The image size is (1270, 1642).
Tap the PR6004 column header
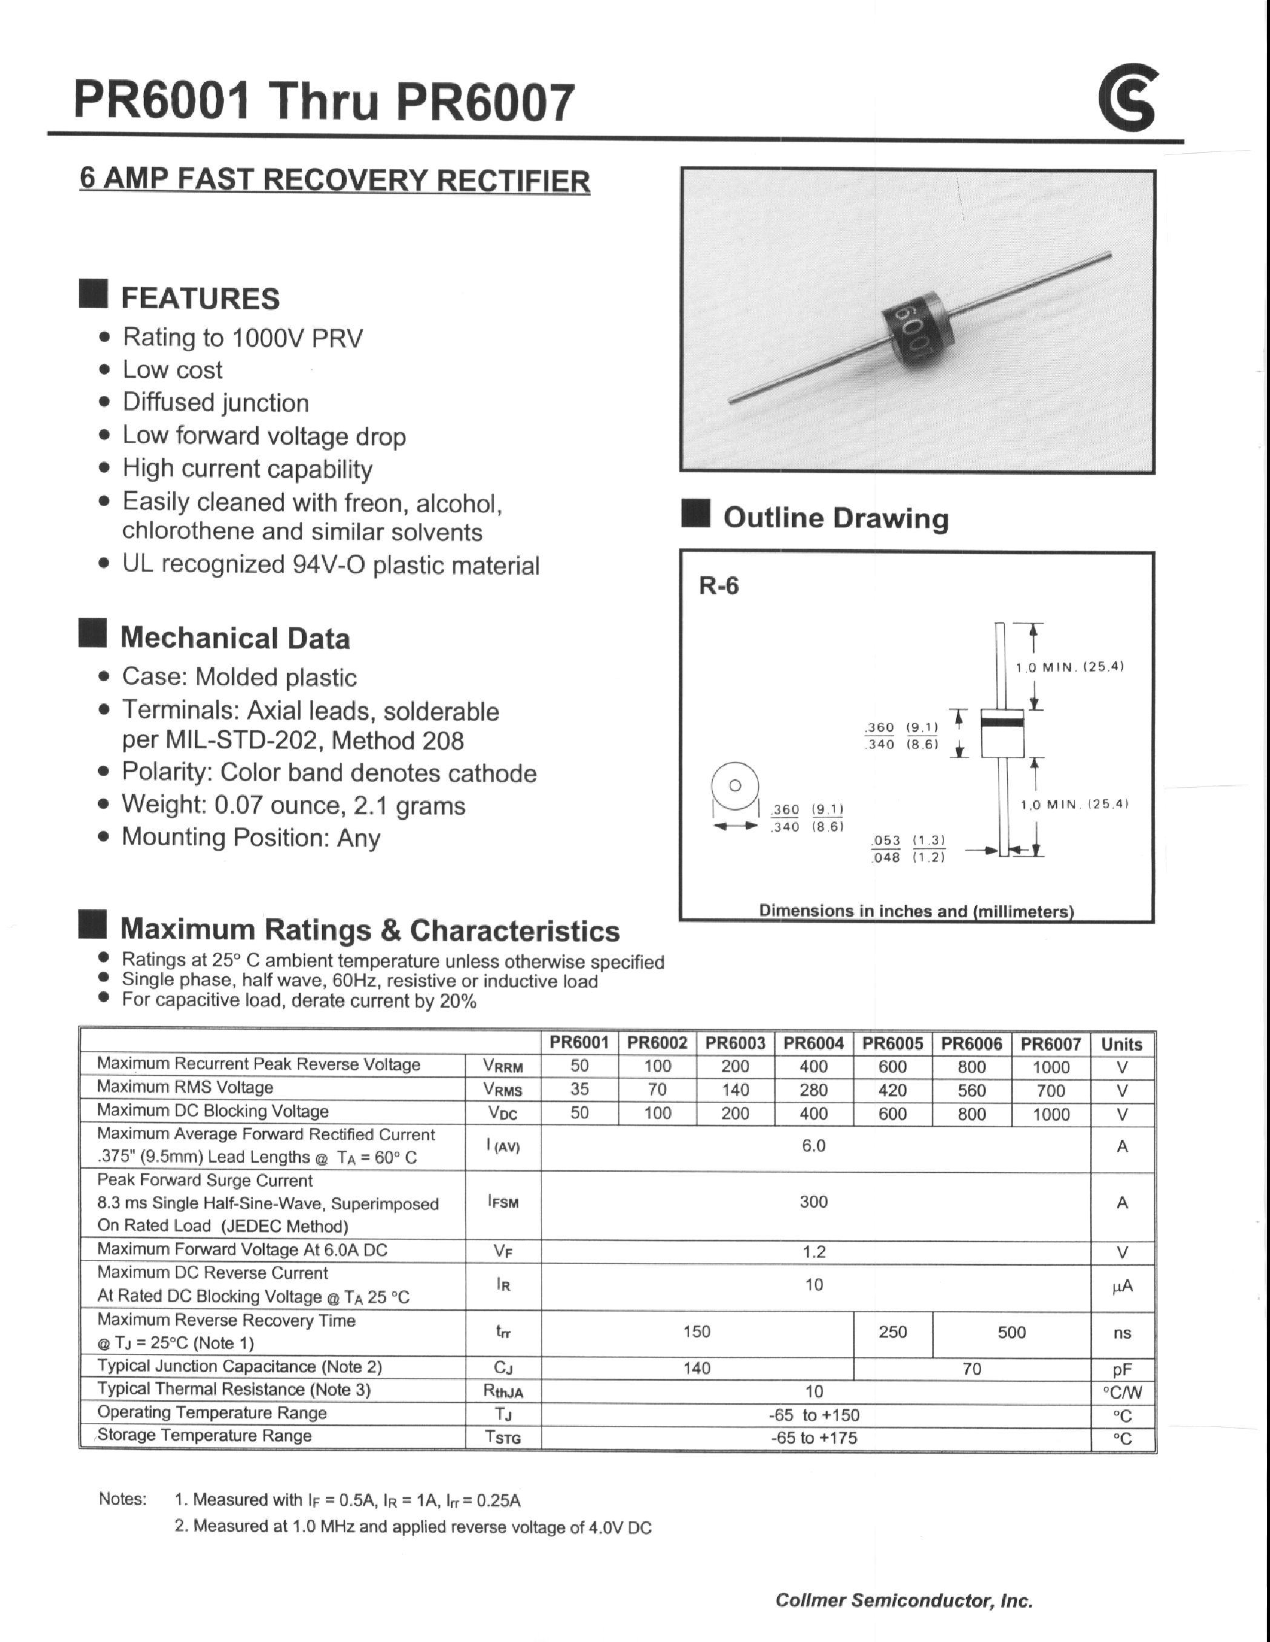coord(813,1043)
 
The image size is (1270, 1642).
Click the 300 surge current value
coord(813,1201)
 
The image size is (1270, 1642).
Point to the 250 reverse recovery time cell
coord(893,1331)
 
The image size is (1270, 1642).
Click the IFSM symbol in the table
coord(503,1202)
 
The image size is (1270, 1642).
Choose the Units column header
coord(1121,1044)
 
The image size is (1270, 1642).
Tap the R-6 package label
coord(719,585)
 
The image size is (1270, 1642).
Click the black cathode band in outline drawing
coord(1002,722)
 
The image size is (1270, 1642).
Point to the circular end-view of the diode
coord(735,786)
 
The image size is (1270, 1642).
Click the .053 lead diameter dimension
coord(887,840)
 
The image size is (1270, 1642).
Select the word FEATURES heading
coord(200,298)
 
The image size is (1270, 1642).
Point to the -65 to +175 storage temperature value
coord(813,1437)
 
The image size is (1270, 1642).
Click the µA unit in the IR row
coord(1122,1287)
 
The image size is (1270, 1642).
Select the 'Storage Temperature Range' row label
coord(205,1436)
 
